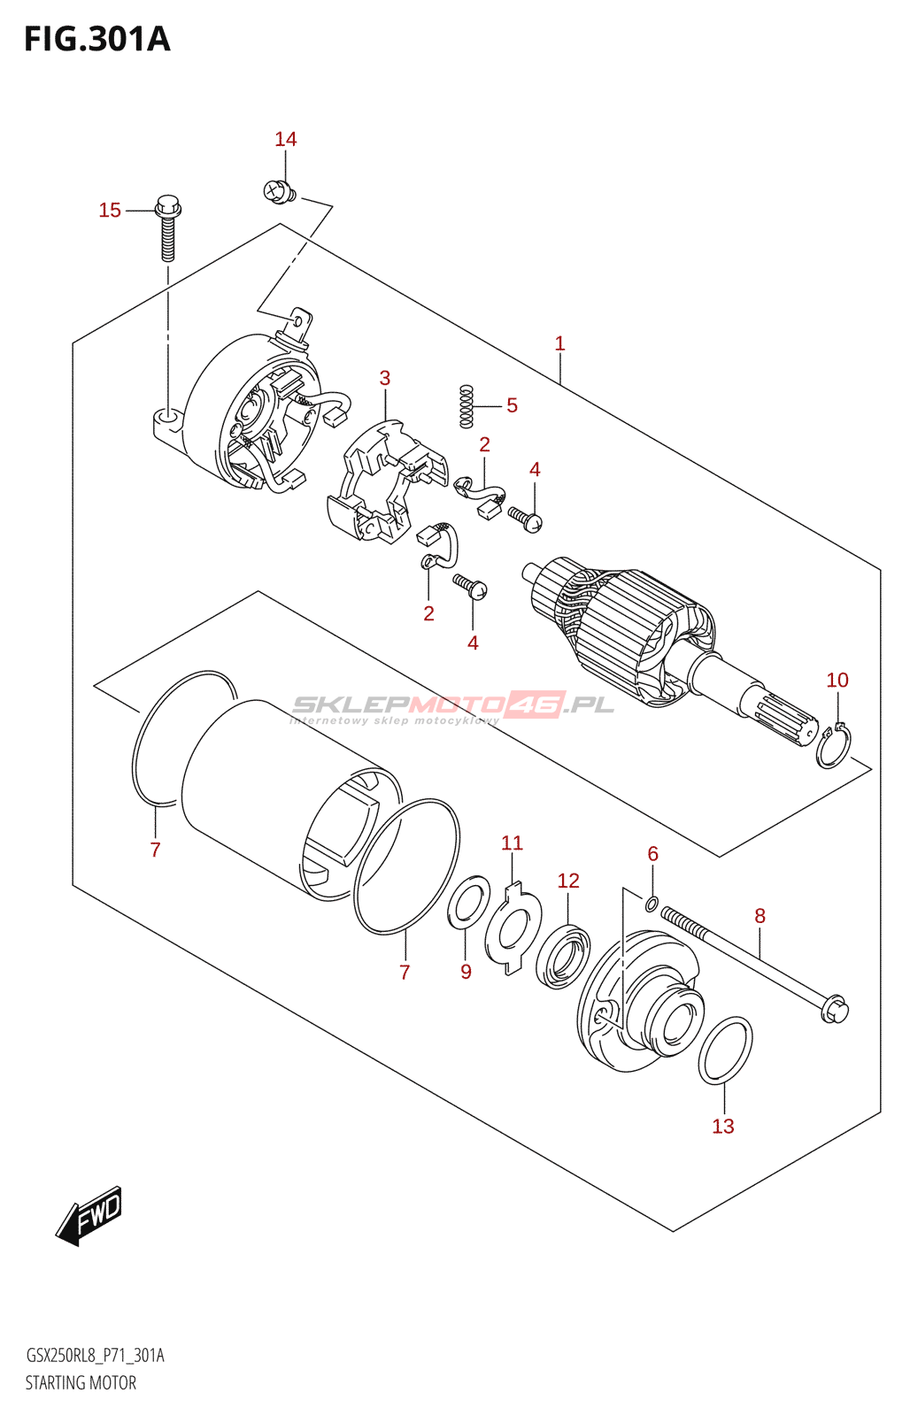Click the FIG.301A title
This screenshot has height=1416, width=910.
[96, 40]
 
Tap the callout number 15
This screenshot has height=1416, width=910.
[110, 211]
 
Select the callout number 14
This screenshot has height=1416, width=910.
[285, 139]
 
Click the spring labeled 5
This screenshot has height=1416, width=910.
[467, 406]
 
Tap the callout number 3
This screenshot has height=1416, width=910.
[385, 378]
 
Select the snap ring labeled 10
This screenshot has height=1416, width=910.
[833, 746]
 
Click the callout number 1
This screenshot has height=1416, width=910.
[559, 343]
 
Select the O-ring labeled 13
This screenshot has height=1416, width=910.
[725, 1050]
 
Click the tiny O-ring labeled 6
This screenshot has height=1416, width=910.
[652, 904]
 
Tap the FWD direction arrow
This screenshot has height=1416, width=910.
[89, 1214]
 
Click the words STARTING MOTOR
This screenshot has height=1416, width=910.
[81, 1382]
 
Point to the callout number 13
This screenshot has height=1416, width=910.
[723, 1126]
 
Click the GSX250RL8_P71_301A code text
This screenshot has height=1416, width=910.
[95, 1356]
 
